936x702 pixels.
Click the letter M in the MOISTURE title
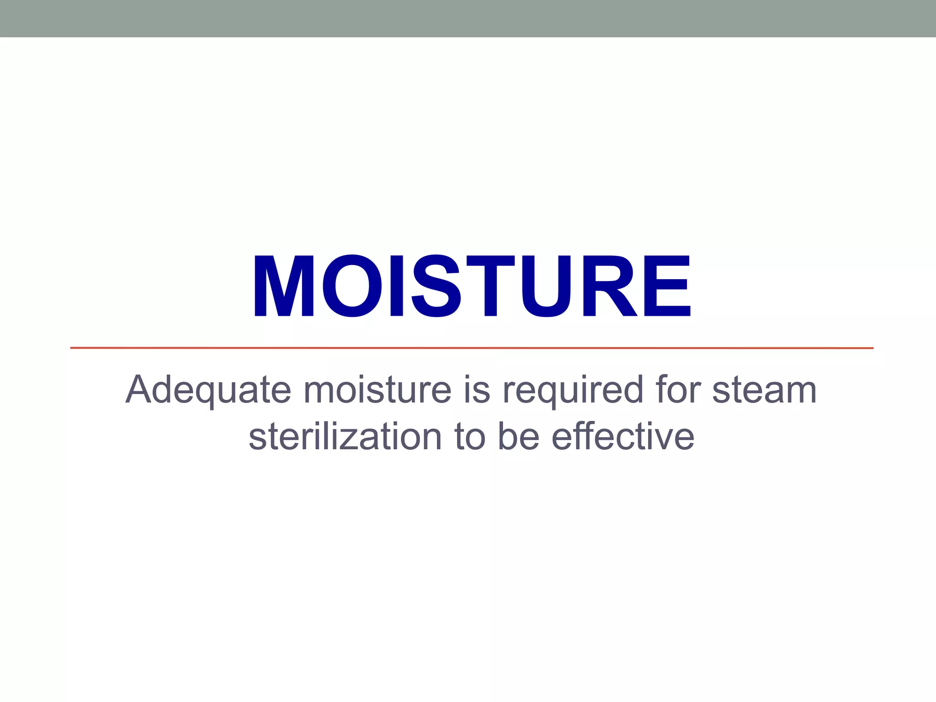[x=284, y=286]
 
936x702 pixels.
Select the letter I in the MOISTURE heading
[x=396, y=286]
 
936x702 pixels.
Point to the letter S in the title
[x=436, y=286]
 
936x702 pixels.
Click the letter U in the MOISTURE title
[x=547, y=286]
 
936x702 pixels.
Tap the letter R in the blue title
[x=609, y=286]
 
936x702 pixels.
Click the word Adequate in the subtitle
[x=208, y=390]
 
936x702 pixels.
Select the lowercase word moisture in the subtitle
[x=377, y=390]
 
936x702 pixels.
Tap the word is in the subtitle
[x=477, y=390]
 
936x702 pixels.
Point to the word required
[x=573, y=390]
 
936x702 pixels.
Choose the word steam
[x=764, y=390]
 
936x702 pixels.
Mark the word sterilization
[x=345, y=436]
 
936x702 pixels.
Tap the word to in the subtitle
[x=469, y=436]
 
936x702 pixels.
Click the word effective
[x=623, y=436]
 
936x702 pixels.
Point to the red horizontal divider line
[x=472, y=348]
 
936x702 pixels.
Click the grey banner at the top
[x=468, y=18]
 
